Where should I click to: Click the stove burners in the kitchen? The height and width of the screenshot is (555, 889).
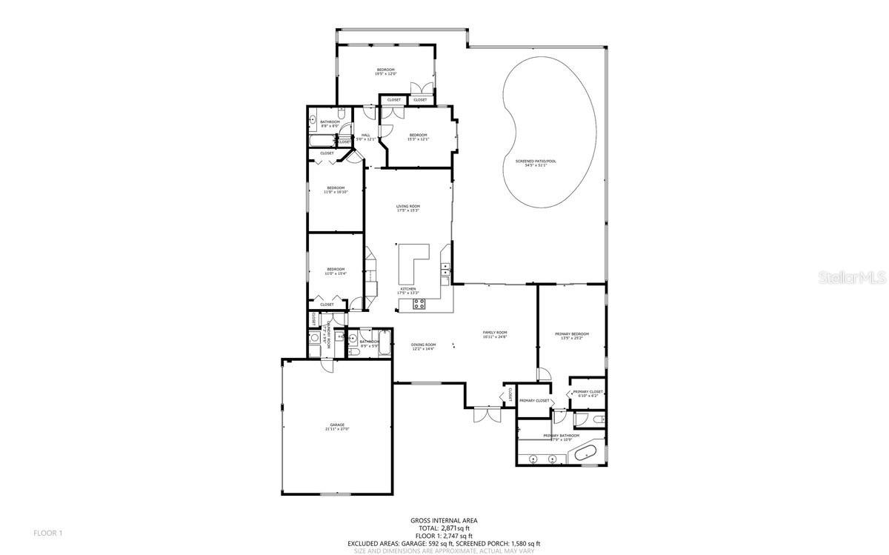(x=418, y=302)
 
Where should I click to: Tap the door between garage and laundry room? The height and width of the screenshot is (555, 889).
(x=327, y=366)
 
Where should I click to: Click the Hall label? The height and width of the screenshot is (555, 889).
(x=366, y=136)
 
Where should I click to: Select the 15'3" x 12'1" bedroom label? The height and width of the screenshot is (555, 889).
(x=419, y=136)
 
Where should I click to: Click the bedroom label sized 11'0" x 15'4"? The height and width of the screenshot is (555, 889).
(x=336, y=271)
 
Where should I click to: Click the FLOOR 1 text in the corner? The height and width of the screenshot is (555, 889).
(x=48, y=533)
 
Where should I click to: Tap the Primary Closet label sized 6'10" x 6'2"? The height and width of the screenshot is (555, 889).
(x=590, y=393)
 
